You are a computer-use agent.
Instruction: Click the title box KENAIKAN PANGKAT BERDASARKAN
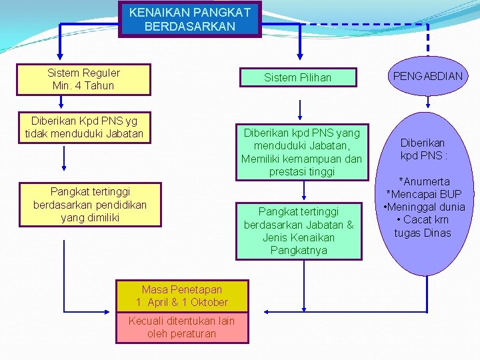(190, 19)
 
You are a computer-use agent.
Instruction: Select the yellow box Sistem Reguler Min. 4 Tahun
(83, 79)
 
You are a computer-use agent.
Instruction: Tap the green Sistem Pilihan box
(297, 77)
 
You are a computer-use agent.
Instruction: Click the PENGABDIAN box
(427, 76)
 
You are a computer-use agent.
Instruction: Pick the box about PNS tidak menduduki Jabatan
(84, 127)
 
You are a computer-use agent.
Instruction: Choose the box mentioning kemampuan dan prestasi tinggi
(301, 152)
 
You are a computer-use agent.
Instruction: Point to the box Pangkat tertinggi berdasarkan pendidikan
(90, 204)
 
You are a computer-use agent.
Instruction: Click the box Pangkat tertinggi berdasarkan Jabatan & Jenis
(299, 231)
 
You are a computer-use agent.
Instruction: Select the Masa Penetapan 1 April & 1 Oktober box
(182, 295)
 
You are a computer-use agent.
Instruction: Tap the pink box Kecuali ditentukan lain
(182, 327)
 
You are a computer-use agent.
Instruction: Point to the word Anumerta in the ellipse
(426, 181)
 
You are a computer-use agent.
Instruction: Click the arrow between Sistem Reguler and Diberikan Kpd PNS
(61, 102)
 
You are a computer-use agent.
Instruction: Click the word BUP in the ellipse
(450, 194)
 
